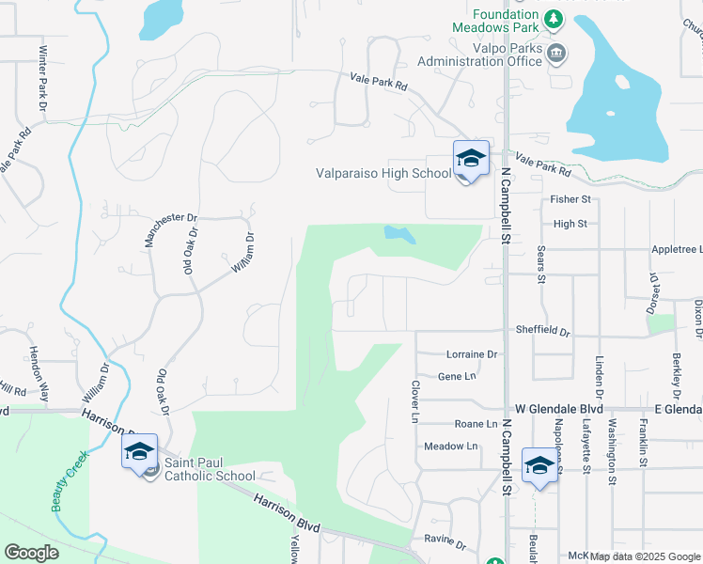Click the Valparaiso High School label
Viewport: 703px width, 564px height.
[x=383, y=173]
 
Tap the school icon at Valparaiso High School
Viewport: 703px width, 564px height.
[x=471, y=159]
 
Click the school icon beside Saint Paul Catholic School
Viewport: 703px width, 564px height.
[x=139, y=452]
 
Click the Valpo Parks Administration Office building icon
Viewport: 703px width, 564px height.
[x=556, y=54]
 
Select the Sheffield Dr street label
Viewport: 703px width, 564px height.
[x=542, y=331]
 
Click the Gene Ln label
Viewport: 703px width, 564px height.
[x=457, y=376]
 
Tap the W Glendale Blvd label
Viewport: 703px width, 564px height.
[x=559, y=409]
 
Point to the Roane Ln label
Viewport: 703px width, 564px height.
[x=475, y=425]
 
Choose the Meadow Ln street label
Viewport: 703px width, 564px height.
[x=451, y=446]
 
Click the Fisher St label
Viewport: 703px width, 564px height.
[x=570, y=199]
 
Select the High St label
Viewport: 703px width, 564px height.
[x=570, y=224]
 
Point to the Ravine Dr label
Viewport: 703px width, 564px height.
[x=445, y=542]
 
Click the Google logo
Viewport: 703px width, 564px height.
[x=31, y=553]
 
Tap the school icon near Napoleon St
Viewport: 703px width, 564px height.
[x=540, y=466]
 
